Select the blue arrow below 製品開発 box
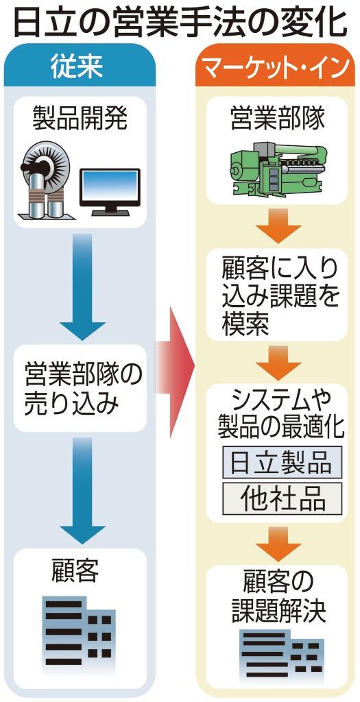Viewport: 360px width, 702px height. click(x=82, y=288)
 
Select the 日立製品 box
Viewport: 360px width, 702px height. click(x=282, y=463)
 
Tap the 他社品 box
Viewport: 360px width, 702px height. click(x=282, y=498)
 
